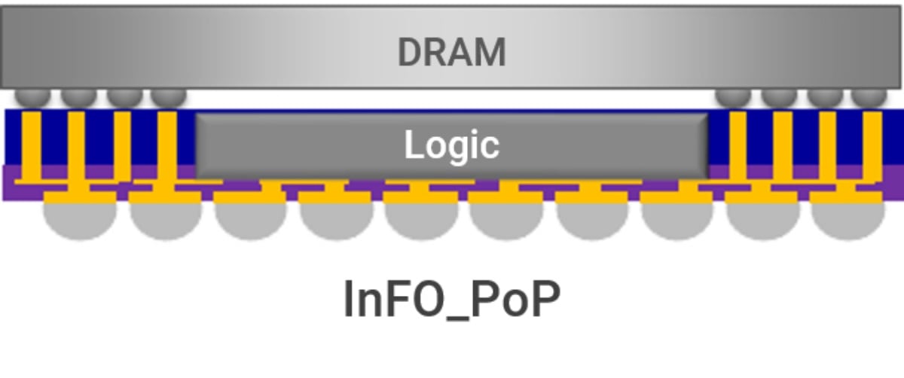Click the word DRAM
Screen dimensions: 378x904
tap(451, 52)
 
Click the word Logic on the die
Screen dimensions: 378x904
tap(451, 145)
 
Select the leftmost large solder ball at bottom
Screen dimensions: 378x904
tap(80, 219)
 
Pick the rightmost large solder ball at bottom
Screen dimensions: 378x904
tap(848, 219)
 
